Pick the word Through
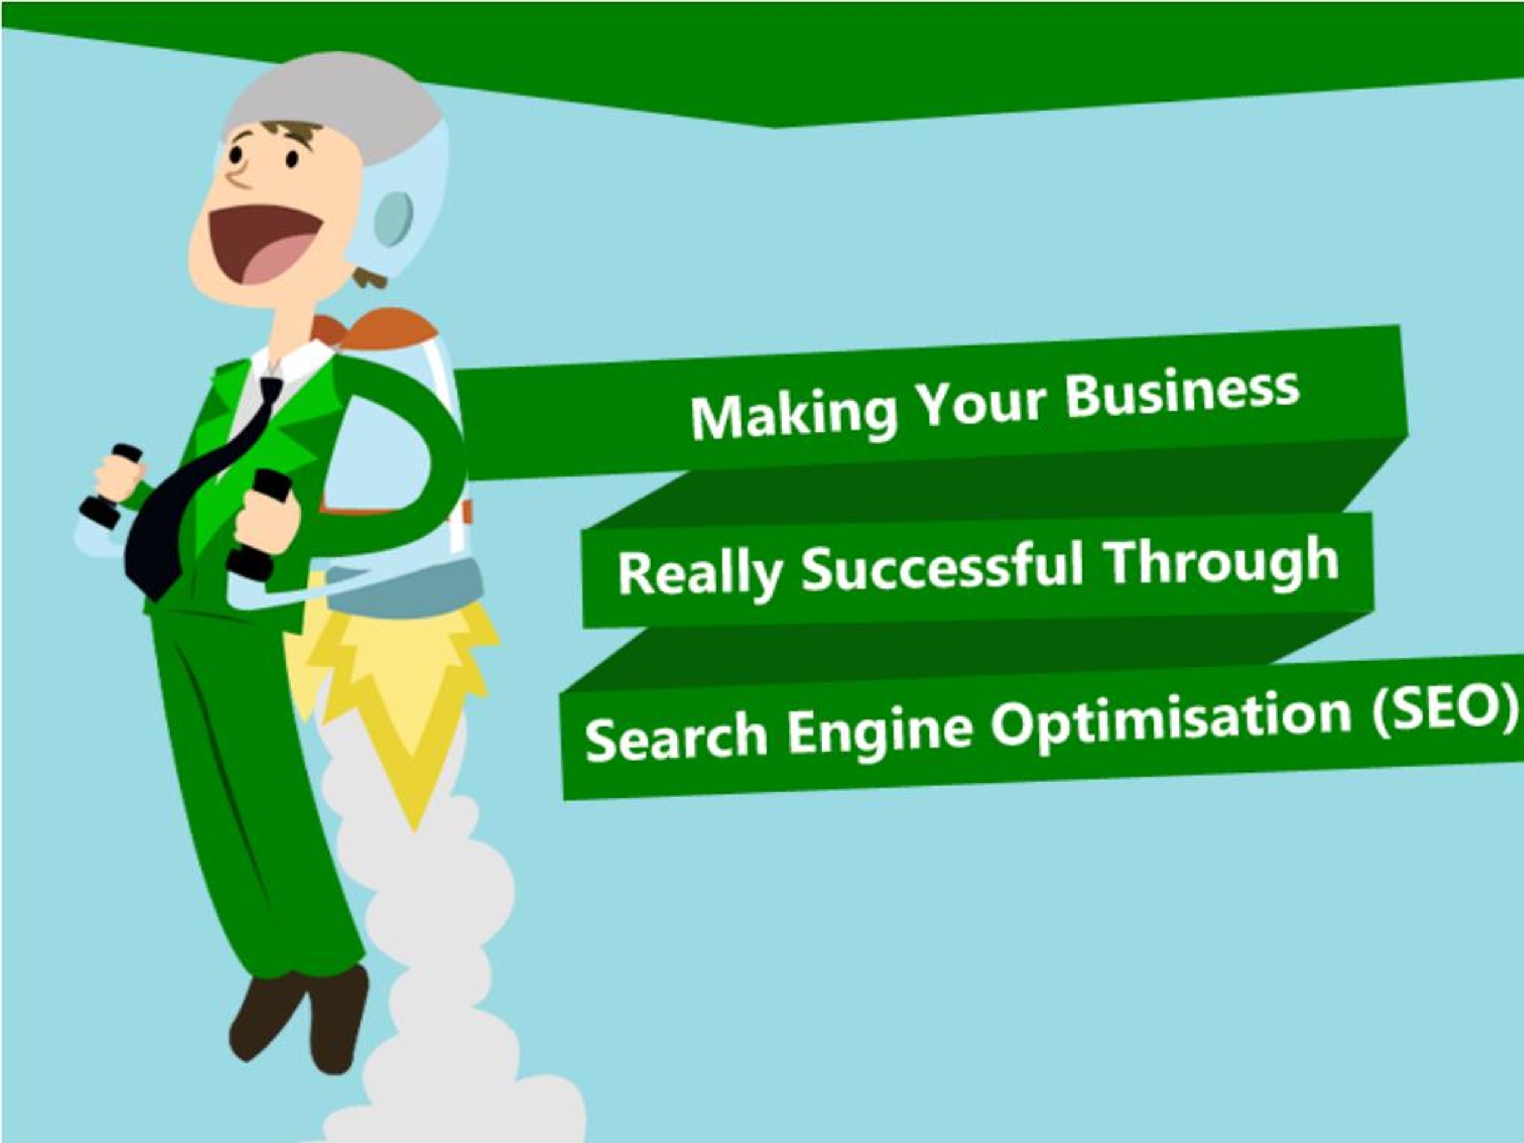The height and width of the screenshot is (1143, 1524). click(1222, 561)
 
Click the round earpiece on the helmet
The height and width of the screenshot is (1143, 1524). click(394, 218)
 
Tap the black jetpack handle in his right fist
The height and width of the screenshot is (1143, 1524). click(110, 485)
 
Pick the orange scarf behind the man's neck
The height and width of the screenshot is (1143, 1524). click(376, 327)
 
